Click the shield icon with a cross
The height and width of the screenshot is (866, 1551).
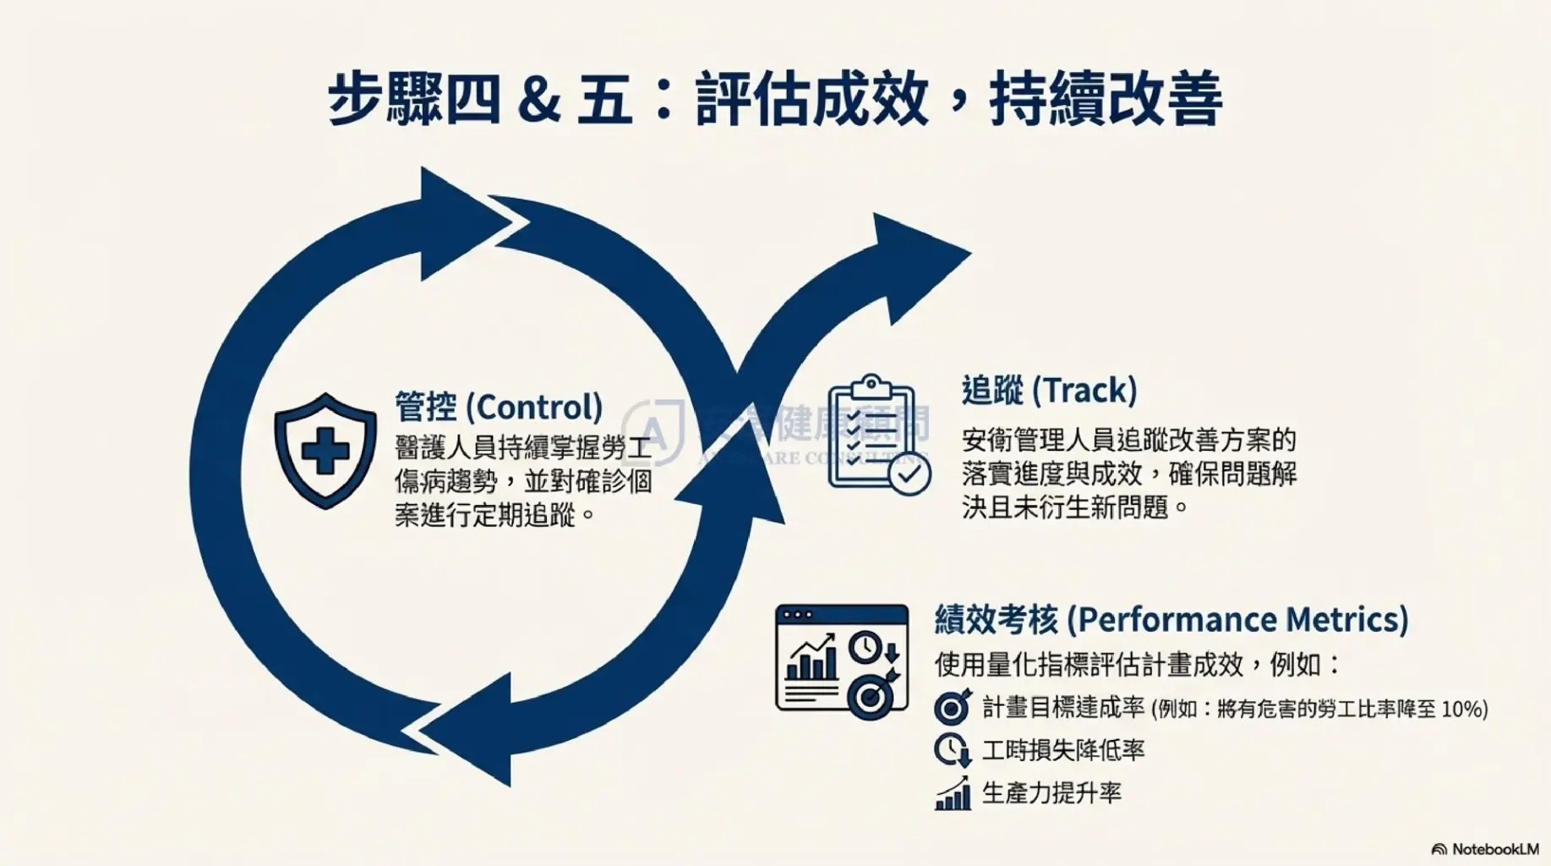[325, 450]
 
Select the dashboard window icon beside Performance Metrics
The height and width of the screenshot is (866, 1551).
[842, 660]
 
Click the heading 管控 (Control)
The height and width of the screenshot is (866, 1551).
[499, 407]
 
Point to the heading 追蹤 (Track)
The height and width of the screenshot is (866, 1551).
[1049, 390]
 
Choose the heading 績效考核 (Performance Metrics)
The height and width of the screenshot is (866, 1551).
[1171, 620]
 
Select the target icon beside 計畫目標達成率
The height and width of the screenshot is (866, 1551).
[953, 707]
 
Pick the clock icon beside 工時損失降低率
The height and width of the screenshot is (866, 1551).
[953, 750]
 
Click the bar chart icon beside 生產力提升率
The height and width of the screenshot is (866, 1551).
[953, 794]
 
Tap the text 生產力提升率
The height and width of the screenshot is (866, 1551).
[1051, 793]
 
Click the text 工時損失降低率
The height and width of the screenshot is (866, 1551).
[1063, 750]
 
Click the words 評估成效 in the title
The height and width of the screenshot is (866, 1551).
[812, 99]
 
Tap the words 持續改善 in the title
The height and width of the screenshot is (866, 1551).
[1105, 99]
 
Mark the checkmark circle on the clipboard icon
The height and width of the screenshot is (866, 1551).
[909, 475]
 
